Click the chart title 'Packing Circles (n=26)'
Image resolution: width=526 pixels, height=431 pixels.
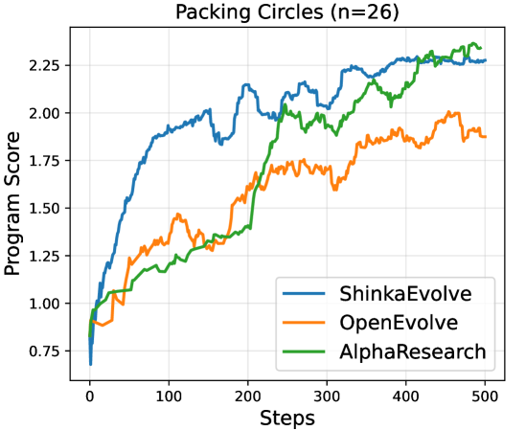tap(286, 12)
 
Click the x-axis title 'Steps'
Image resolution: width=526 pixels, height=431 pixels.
tap(286, 418)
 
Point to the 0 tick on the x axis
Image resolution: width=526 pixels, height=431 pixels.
tap(90, 394)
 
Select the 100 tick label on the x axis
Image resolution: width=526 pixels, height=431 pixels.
tap(169, 394)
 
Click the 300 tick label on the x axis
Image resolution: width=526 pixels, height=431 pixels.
tap(327, 394)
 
